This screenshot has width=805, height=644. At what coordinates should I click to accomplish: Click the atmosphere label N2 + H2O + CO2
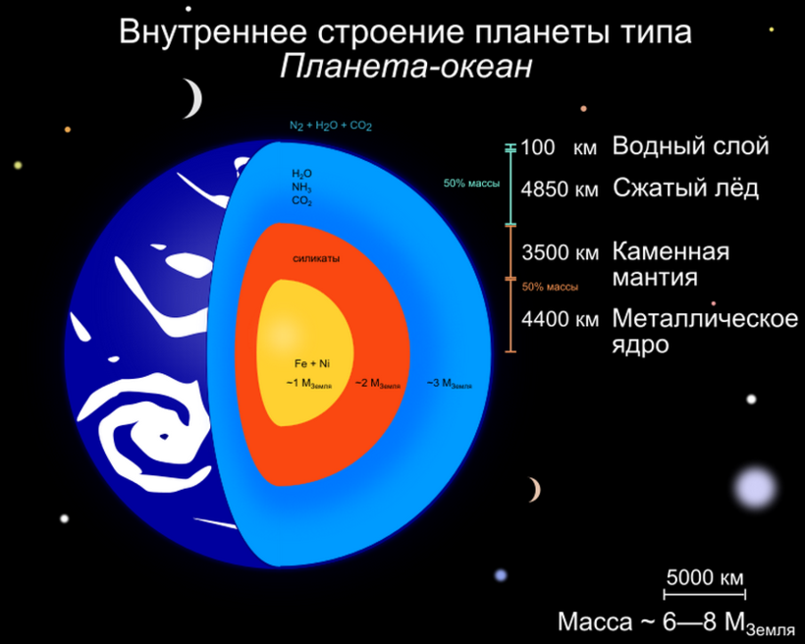coord(331,126)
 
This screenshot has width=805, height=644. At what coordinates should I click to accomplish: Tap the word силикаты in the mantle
coord(316,259)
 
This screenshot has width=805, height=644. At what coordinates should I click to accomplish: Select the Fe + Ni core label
coord(312,363)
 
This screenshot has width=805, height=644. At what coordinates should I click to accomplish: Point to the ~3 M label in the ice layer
coord(450,384)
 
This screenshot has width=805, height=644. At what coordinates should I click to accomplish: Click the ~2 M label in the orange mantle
coord(378,384)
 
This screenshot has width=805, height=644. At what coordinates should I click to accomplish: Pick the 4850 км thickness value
coord(560,189)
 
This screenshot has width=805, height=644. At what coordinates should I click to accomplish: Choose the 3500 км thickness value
coord(561,252)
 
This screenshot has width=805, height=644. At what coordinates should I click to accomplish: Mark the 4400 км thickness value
coord(561,319)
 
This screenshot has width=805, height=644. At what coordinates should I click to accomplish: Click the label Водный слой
coord(690,146)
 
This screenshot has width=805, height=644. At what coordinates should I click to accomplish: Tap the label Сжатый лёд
coord(685,188)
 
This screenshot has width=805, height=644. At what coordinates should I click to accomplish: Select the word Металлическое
coord(705,319)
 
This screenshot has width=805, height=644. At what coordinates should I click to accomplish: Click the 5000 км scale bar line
coord(705,595)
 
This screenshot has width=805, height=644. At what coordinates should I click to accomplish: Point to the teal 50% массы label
coord(471,184)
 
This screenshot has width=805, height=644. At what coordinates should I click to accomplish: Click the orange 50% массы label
coord(550,287)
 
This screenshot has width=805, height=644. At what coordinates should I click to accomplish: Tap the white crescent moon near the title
coord(194,98)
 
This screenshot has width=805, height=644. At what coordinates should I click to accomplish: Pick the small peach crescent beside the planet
coord(536,490)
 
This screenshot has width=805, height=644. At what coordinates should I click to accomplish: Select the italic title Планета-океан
coord(405,67)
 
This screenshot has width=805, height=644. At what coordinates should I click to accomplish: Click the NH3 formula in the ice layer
coord(301,188)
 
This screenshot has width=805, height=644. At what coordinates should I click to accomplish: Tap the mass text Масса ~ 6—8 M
coord(676,623)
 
